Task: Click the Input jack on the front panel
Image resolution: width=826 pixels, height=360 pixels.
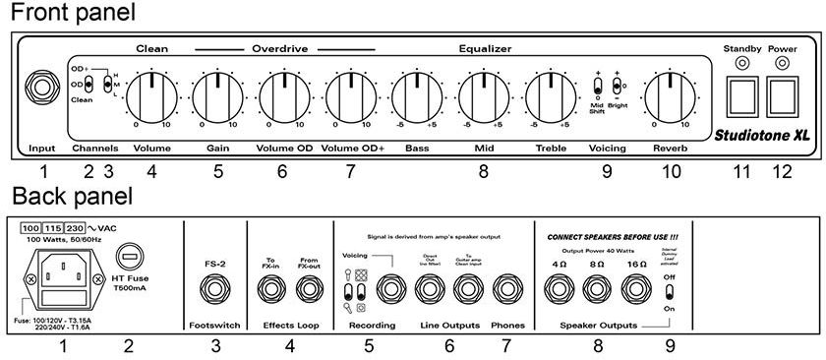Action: [x=43, y=88]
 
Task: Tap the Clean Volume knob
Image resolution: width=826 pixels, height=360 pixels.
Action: [x=150, y=96]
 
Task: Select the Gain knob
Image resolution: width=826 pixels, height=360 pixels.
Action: [x=216, y=96]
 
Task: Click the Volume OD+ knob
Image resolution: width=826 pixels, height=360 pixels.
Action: [x=349, y=96]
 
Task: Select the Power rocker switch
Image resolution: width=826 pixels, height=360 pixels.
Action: [x=784, y=96]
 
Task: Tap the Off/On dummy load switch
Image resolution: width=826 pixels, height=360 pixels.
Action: [x=670, y=291]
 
